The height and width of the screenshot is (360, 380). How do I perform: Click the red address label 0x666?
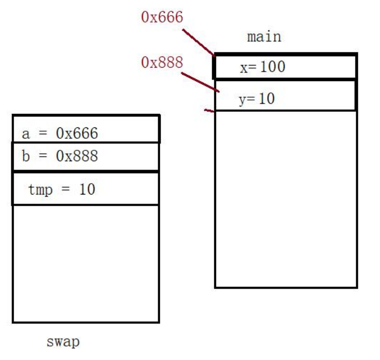pos(162,17)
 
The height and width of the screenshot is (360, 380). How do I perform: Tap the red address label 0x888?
pos(162,63)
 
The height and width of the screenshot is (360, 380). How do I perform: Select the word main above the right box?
pos(263,37)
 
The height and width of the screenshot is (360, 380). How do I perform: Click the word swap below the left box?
pos(63,342)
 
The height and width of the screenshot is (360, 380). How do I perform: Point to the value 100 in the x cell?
pos(272,68)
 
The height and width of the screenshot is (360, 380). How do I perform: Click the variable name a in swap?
pos(26,133)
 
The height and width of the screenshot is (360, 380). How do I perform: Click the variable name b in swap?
pos(26,156)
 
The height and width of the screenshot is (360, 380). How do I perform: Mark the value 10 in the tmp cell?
pos(86,189)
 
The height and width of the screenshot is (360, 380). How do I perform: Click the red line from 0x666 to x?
pos(198,41)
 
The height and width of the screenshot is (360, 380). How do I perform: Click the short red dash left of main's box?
pos(209,111)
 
